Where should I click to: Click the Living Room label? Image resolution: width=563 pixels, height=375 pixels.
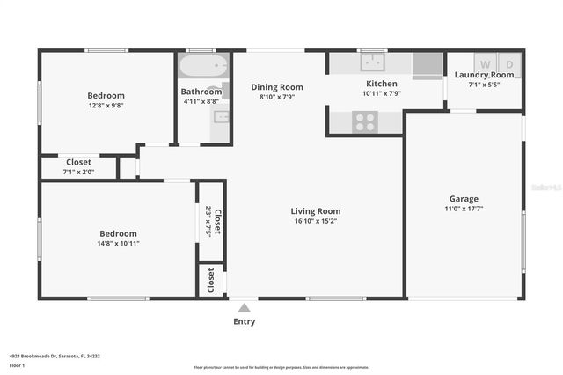coord(316,211)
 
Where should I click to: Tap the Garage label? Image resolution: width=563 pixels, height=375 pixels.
coord(464,199)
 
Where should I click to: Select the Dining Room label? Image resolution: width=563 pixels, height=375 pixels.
coord(277,87)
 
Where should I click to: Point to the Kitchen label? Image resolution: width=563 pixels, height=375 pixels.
coord(382,84)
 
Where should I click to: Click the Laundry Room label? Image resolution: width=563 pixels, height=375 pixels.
coord(484,75)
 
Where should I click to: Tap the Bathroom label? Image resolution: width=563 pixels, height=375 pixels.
coord(201,92)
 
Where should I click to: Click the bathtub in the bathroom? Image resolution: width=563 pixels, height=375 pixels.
coord(203,67)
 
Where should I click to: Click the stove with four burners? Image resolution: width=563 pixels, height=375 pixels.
coord(365,121)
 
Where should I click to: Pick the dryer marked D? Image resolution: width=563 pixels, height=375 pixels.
coord(509,63)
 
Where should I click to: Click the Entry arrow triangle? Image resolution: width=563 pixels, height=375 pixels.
coord(244,307)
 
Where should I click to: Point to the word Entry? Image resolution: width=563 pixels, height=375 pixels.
coord(244,321)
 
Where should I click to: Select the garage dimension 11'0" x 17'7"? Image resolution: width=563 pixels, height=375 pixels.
coord(464,209)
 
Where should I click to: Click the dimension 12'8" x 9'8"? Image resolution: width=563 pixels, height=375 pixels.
coord(106,105)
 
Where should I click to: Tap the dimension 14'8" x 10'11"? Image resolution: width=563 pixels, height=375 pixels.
coord(117,243)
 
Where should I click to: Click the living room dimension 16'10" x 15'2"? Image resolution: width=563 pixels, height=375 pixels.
coord(316,221)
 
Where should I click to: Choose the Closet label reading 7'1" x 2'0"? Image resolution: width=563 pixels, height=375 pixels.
coord(78,172)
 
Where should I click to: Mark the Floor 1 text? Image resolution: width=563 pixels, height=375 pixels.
coord(18,364)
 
